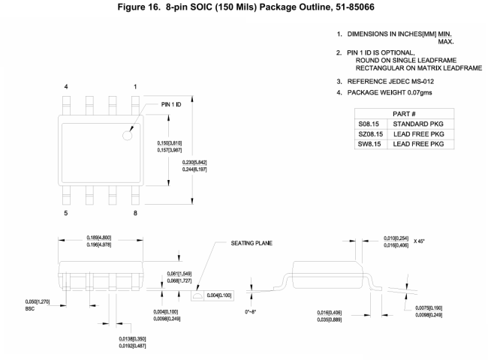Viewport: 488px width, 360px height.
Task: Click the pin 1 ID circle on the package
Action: click(128, 136)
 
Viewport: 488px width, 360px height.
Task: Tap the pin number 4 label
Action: click(66, 87)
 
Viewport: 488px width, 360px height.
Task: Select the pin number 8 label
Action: click(135, 213)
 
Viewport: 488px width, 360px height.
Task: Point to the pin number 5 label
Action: click(65, 213)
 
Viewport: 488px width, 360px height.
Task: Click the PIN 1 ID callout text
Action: click(171, 104)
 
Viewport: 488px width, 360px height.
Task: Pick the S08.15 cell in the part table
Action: click(369, 124)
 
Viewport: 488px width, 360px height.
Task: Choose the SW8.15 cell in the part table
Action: click(369, 144)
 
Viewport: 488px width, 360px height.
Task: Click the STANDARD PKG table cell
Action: click(418, 124)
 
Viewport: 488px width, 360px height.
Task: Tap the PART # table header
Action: click(404, 114)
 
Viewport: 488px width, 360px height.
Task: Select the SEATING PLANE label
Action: click(252, 243)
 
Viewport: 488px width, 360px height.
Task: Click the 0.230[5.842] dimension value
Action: click(194, 162)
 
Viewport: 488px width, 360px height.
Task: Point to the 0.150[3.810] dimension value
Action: click(170, 143)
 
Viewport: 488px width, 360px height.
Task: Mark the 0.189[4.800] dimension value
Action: click(98, 238)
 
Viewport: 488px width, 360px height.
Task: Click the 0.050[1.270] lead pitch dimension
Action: click(38, 301)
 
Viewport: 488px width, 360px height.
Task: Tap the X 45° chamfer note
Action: click(419, 241)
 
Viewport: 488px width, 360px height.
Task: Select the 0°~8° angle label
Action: click(250, 311)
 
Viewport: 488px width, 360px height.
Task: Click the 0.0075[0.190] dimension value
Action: click(429, 307)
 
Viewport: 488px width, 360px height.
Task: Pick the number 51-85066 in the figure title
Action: click(355, 7)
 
